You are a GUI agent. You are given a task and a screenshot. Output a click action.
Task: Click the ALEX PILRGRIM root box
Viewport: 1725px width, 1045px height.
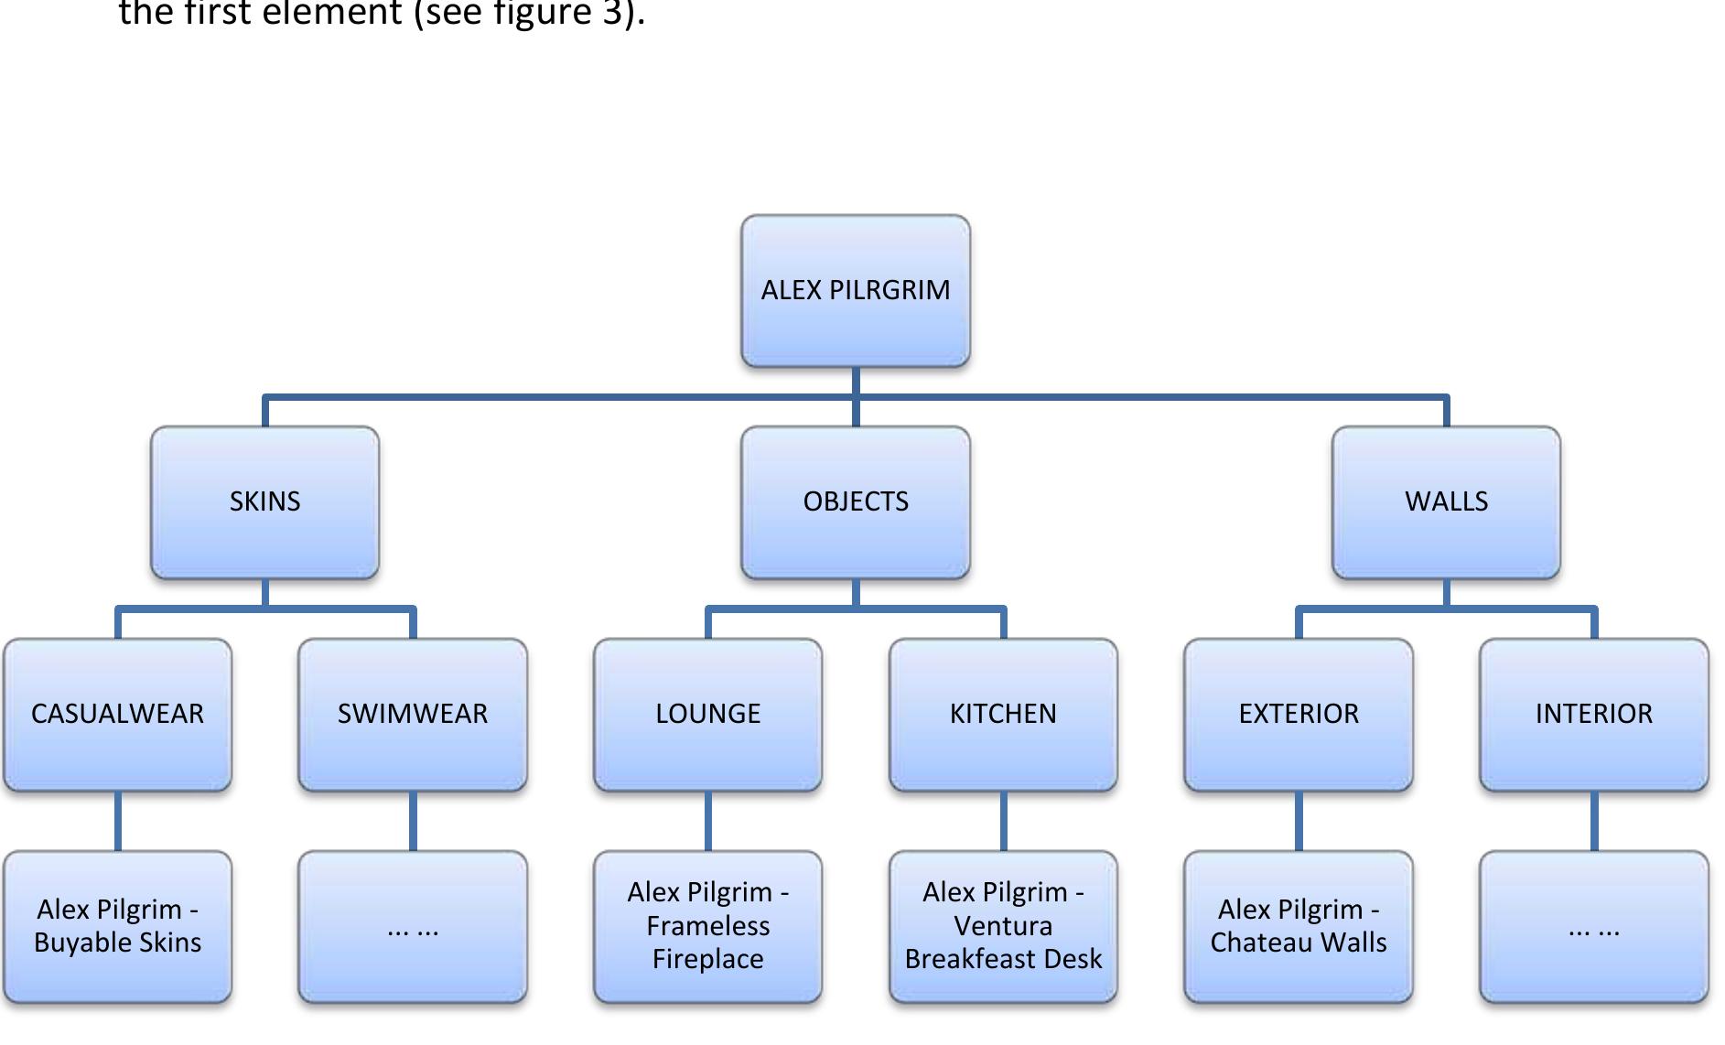(855, 291)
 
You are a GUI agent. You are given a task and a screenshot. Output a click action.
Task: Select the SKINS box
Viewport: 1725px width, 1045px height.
(264, 502)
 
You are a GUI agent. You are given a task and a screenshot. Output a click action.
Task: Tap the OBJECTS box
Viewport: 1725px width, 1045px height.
(855, 502)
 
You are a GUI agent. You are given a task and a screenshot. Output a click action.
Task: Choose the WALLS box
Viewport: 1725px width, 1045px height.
(1446, 502)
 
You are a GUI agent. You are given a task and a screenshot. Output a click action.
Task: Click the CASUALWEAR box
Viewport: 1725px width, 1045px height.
(117, 714)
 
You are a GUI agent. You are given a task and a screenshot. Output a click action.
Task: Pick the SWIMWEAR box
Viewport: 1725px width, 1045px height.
(413, 714)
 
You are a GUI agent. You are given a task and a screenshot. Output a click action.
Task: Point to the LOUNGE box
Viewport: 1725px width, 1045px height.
(707, 714)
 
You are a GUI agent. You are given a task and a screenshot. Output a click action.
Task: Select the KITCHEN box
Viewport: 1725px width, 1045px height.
(1003, 714)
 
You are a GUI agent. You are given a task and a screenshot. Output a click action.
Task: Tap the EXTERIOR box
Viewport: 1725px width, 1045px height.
(1299, 714)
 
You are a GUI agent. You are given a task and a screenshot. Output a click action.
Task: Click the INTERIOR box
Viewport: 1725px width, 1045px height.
(1593, 714)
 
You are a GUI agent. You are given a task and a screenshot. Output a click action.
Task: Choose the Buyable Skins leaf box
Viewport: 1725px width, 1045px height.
(117, 926)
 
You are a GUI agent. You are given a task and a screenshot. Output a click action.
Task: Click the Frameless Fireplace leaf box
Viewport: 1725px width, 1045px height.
(707, 926)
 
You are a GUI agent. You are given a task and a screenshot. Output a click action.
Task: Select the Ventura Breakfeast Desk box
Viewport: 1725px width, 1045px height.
(1003, 926)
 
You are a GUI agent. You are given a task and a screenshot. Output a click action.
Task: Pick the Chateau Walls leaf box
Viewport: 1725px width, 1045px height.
(1299, 926)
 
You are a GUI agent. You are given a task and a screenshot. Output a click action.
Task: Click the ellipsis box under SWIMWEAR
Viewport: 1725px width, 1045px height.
(413, 926)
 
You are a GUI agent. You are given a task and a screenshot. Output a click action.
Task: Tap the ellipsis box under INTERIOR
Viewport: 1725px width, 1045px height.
(1593, 926)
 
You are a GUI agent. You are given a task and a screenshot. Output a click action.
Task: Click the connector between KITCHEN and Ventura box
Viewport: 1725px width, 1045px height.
(1003, 821)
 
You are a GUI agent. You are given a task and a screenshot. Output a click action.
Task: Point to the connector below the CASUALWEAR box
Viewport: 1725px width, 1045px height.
(117, 821)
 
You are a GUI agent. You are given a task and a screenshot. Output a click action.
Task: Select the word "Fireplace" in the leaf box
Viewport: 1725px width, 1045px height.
(707, 959)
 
